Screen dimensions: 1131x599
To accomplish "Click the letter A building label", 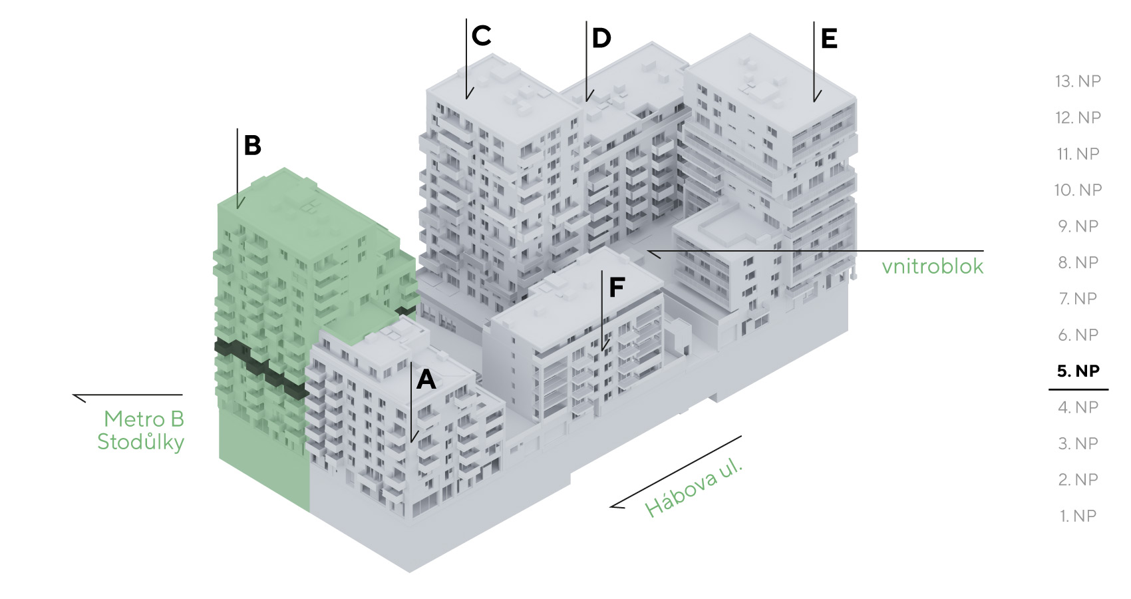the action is pyautogui.click(x=426, y=379).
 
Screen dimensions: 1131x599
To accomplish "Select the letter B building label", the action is pyautogui.click(x=252, y=146).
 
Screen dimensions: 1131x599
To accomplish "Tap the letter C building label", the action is pyautogui.click(x=481, y=36).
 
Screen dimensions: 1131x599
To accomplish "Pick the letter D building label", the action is pyautogui.click(x=601, y=39).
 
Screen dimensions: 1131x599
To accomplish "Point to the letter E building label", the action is pyautogui.click(x=829, y=39).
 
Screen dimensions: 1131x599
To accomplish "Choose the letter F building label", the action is pyautogui.click(x=617, y=287).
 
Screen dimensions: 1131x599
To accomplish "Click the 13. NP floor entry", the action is pyautogui.click(x=1078, y=81).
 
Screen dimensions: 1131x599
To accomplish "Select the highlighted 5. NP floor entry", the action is pyautogui.click(x=1078, y=371).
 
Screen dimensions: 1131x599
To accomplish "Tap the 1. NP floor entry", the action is pyautogui.click(x=1078, y=516).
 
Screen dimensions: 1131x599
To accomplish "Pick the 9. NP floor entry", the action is pyautogui.click(x=1078, y=226).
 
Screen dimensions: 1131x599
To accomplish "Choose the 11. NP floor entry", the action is pyautogui.click(x=1078, y=154).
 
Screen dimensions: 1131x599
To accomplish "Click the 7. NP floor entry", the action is pyautogui.click(x=1078, y=298).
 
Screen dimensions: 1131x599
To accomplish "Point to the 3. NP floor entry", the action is pyautogui.click(x=1078, y=443).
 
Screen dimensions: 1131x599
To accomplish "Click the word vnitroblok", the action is pyautogui.click(x=933, y=266).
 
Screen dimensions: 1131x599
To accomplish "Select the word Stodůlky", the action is pyautogui.click(x=140, y=443).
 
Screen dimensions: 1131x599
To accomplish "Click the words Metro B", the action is pyautogui.click(x=144, y=419).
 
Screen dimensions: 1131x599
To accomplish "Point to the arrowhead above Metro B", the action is pyautogui.click(x=79, y=397).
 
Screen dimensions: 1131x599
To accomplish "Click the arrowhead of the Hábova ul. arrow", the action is pyautogui.click(x=617, y=505).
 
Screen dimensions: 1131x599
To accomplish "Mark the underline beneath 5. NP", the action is pyautogui.click(x=1078, y=389).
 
